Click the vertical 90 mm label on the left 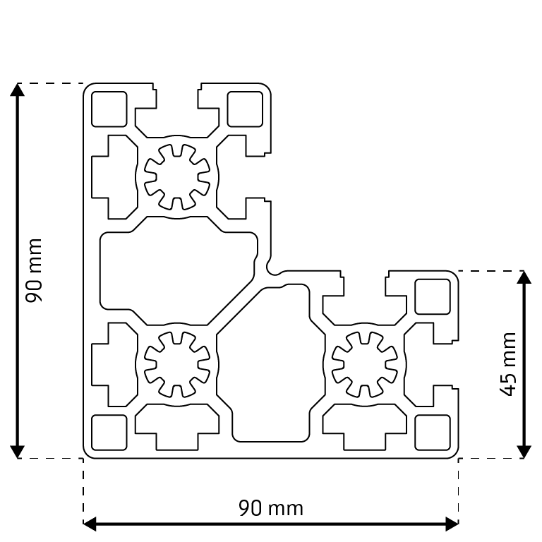35,270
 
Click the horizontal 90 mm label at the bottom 270,508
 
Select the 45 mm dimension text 508,363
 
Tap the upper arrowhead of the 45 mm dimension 524,277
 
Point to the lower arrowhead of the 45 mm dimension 524,452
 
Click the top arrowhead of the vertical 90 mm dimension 18,90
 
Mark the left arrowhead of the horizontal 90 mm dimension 90,524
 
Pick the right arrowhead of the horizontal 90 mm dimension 452,524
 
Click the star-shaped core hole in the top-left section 177,176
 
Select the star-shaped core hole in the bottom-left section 177,364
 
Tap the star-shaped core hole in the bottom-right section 364,364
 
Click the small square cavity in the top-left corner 109,109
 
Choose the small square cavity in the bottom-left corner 109,432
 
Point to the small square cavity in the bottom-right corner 432,432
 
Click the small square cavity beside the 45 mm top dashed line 432,296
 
